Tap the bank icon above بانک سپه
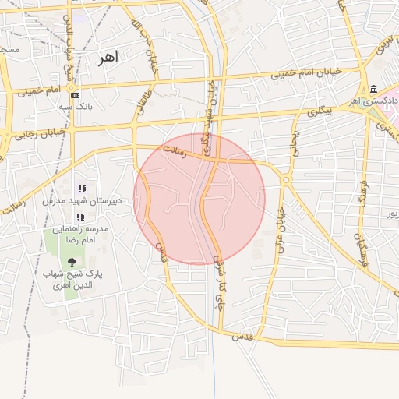(x=75, y=95)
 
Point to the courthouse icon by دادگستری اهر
(x=373, y=89)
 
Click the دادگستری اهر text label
(x=374, y=101)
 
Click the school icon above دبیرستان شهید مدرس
(x=81, y=189)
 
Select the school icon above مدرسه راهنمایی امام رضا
(x=79, y=216)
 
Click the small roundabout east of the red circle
(x=286, y=180)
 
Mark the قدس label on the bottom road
(x=244, y=335)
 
